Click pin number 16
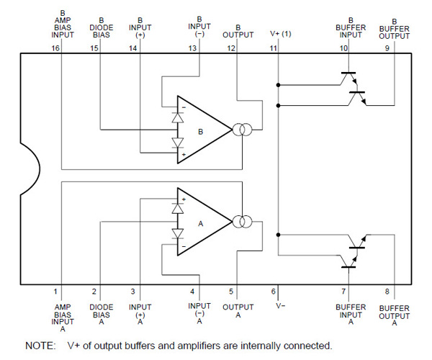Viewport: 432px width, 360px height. click(x=55, y=48)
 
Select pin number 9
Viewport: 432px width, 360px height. click(x=387, y=48)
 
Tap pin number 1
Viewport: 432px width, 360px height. click(x=55, y=292)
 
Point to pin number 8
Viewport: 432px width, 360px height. click(x=387, y=292)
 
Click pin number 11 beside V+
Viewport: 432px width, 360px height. click(x=273, y=48)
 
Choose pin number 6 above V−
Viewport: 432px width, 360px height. click(x=273, y=292)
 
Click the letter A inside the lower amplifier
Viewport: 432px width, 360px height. click(x=201, y=224)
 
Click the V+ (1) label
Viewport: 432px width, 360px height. click(x=281, y=33)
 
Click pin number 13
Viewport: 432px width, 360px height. click(x=192, y=48)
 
